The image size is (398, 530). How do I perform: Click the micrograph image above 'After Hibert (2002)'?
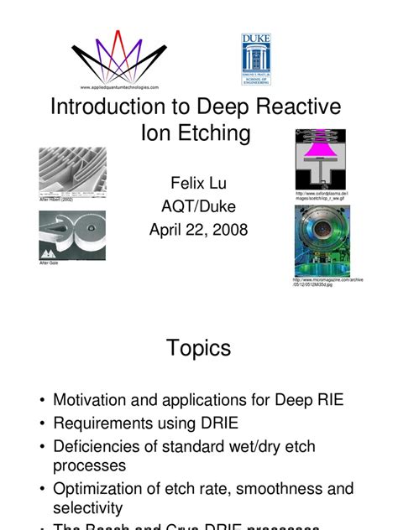72,172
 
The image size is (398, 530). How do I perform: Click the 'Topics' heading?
198,347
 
